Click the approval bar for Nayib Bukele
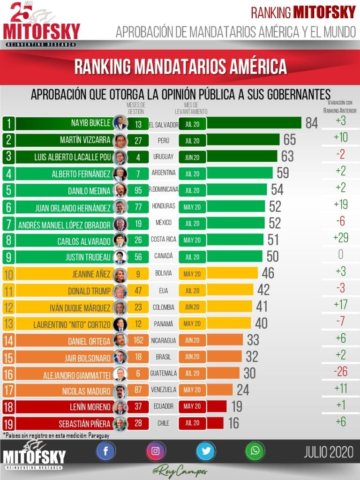point(254,123)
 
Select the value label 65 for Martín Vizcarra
point(290,140)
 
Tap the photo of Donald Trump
point(120,291)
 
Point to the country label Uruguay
point(164,157)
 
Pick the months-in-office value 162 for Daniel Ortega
point(138,340)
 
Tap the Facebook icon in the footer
point(106,451)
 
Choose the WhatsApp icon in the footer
point(255,451)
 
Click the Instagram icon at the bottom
point(156,451)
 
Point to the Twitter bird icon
point(205,451)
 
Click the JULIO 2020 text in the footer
point(328,452)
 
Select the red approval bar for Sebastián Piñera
point(215,423)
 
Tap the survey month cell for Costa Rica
point(192,240)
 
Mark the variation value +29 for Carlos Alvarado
point(340,238)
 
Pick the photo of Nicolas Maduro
point(120,390)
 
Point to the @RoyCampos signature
point(180,471)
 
